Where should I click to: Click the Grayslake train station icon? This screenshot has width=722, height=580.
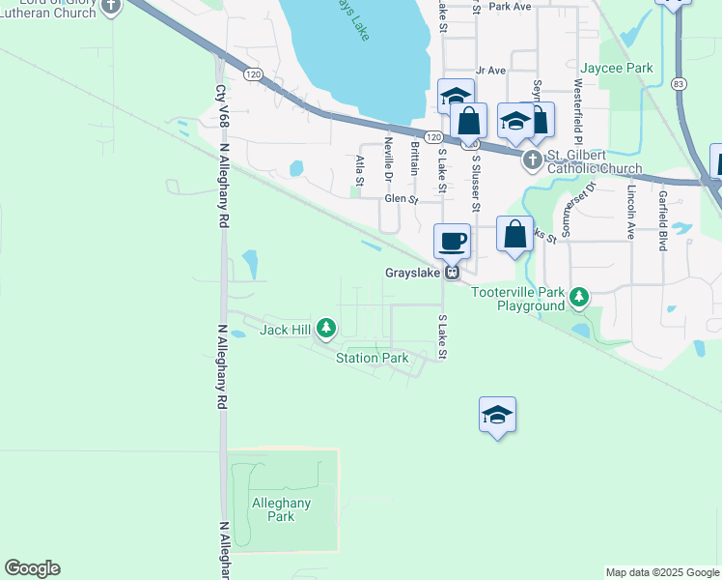click(x=451, y=274)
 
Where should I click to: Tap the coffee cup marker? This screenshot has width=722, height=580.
click(x=452, y=241)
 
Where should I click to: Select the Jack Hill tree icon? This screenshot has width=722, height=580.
click(x=326, y=330)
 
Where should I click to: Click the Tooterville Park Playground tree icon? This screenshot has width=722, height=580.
click(x=578, y=297)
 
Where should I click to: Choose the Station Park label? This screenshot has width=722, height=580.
click(x=373, y=358)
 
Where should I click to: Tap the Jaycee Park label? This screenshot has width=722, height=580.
click(x=616, y=69)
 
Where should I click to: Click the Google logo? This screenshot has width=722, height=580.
click(x=32, y=568)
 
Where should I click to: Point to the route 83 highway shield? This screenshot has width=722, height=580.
click(x=680, y=85)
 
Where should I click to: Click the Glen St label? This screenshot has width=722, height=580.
click(x=401, y=200)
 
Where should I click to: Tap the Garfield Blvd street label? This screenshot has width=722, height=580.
click(x=663, y=220)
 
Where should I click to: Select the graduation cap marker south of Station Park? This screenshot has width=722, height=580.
click(x=497, y=415)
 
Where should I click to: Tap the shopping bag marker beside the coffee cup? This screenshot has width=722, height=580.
click(x=515, y=234)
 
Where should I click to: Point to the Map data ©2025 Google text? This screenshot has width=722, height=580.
click(x=662, y=572)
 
